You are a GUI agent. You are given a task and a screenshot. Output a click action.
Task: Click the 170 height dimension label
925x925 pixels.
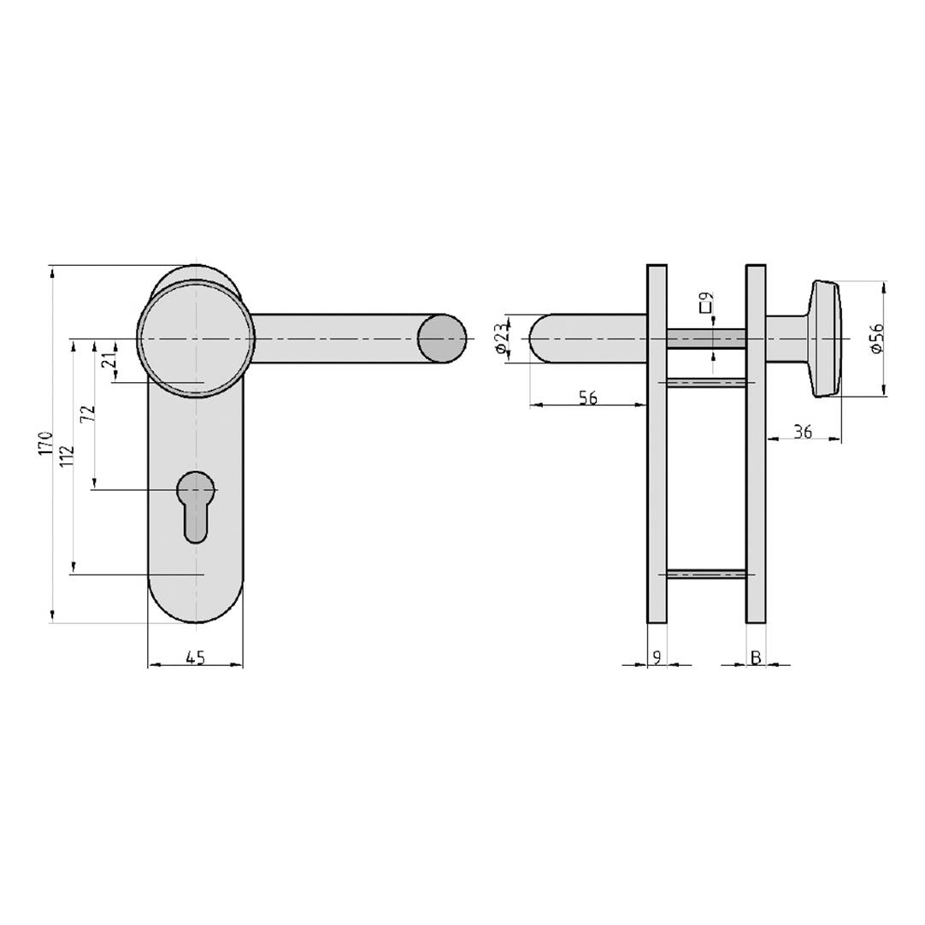coord(45,444)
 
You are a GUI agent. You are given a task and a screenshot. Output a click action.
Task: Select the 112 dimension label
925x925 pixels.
coord(68,456)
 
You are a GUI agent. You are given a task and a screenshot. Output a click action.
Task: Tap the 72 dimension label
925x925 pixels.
coord(87,414)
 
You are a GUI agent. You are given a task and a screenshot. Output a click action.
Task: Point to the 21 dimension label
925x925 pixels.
coord(109,361)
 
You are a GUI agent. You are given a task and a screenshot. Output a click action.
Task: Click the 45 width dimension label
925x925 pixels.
coord(195,657)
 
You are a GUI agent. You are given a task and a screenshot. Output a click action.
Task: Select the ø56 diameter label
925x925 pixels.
coord(875,339)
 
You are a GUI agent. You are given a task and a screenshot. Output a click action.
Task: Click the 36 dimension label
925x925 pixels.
coord(802,432)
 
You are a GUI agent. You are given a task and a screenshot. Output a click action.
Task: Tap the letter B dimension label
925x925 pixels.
coord(756,657)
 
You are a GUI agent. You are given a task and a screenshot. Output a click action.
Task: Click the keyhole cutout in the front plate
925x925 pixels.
coord(195,504)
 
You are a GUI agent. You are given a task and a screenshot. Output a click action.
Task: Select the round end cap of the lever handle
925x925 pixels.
coord(442,339)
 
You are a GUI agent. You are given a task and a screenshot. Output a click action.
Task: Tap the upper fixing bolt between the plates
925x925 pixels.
coord(706,381)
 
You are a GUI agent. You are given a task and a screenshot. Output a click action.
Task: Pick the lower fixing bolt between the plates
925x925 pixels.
coord(706,574)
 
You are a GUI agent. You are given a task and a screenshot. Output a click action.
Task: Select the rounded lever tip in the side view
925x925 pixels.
coord(542,339)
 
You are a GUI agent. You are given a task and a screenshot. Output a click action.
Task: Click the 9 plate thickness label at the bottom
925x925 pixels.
coord(657,657)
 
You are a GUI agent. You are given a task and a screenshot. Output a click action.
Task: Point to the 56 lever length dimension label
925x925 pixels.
coord(587,398)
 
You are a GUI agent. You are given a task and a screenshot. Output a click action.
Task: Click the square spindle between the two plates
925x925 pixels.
coord(706,339)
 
